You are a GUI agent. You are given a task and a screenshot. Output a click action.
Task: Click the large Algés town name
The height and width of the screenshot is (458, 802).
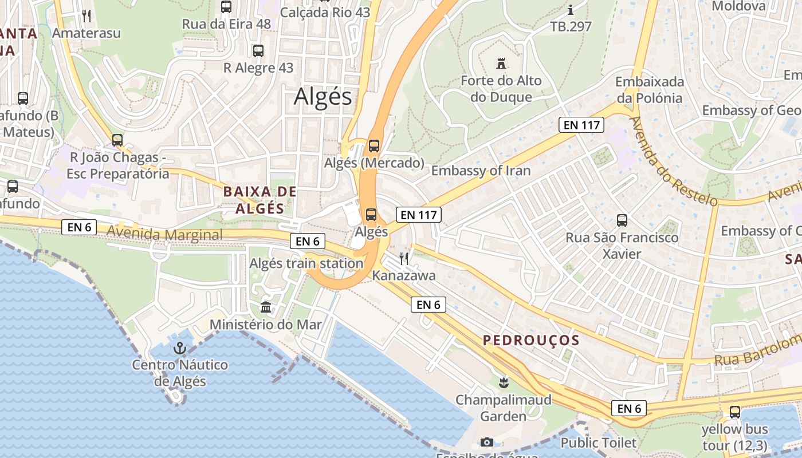pyautogui.click(x=323, y=97)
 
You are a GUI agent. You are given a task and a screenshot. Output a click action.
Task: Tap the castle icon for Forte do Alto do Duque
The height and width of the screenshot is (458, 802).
pyautogui.click(x=501, y=62)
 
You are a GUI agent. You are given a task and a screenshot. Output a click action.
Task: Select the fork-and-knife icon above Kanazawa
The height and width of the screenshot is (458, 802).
pyautogui.click(x=404, y=258)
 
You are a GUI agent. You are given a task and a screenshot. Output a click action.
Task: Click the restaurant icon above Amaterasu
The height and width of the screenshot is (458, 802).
pyautogui.click(x=87, y=15)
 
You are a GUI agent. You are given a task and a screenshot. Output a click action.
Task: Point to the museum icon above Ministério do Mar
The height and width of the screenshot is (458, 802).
pyautogui.click(x=266, y=307)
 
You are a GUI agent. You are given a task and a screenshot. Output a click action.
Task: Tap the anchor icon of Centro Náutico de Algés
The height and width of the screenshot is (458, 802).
pyautogui.click(x=180, y=348)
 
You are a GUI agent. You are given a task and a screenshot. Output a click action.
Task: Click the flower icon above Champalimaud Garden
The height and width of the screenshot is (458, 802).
pyautogui.click(x=504, y=382)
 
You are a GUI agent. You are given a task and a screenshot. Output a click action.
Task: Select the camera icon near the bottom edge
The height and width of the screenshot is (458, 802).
pyautogui.click(x=487, y=442)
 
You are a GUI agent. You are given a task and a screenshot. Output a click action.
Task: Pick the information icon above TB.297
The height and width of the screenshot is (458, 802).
pyautogui.click(x=571, y=10)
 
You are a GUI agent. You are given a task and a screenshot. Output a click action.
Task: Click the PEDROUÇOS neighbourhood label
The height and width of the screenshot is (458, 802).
pyautogui.click(x=531, y=340)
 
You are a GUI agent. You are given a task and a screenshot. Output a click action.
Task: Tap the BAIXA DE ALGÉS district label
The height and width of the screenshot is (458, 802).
pyautogui.click(x=260, y=200)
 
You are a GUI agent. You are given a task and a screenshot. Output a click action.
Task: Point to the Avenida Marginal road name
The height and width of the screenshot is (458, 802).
pyautogui.click(x=164, y=235)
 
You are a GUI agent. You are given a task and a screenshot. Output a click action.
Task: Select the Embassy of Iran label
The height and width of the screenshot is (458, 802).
pyautogui.click(x=481, y=171)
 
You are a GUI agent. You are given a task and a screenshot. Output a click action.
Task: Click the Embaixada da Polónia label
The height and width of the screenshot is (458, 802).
pyautogui.click(x=649, y=89)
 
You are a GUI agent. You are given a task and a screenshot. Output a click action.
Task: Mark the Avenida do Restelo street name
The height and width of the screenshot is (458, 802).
pyautogui.click(x=673, y=161)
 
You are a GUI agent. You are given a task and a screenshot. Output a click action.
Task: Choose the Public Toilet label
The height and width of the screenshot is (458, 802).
pyautogui.click(x=598, y=443)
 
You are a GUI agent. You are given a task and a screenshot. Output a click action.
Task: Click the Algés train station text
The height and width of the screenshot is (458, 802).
pyautogui.click(x=306, y=263)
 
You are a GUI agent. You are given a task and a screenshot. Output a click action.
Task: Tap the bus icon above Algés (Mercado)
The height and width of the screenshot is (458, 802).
pyautogui.click(x=374, y=145)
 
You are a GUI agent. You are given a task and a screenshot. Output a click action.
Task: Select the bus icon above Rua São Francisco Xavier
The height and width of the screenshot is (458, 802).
pyautogui.click(x=622, y=220)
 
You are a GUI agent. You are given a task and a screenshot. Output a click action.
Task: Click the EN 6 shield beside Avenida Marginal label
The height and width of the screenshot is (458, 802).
pyautogui.click(x=79, y=227)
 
